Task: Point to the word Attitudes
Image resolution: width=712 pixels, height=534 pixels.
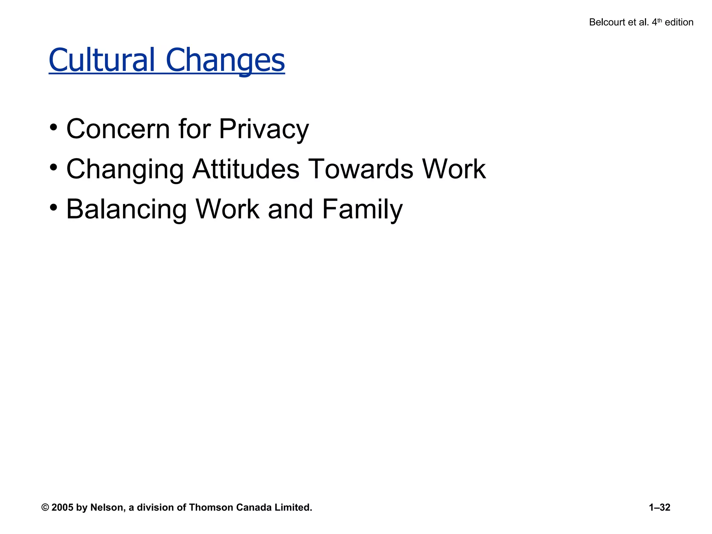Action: click(x=245, y=169)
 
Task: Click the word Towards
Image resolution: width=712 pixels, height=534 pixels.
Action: click(x=361, y=169)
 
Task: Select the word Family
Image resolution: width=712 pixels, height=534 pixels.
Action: click(x=362, y=209)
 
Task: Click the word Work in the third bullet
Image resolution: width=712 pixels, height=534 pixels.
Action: click(x=227, y=209)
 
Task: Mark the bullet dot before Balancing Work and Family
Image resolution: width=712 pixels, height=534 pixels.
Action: click(x=53, y=208)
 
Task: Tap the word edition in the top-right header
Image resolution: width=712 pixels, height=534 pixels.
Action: click(x=679, y=22)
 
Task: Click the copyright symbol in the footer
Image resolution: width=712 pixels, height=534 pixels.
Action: click(x=45, y=508)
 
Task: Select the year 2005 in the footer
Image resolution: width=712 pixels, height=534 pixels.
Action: click(x=62, y=508)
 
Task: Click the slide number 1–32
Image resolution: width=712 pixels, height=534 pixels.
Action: click(x=659, y=508)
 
